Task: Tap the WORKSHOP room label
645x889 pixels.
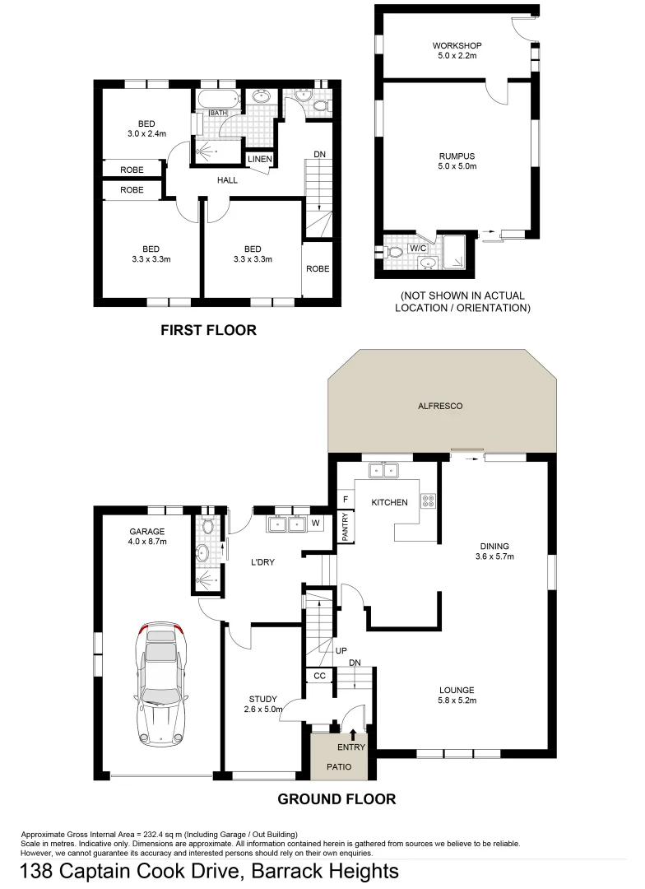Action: click(457, 50)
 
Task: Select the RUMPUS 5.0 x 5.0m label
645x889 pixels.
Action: click(457, 161)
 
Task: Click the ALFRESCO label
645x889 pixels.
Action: click(442, 406)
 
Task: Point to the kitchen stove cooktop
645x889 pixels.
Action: click(429, 499)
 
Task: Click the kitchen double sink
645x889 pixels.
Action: click(383, 471)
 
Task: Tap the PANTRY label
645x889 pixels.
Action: click(346, 527)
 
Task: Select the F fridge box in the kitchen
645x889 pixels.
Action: click(346, 499)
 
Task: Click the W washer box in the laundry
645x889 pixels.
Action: click(316, 524)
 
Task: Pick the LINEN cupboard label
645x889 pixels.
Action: click(260, 159)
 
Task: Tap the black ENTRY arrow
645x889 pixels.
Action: click(354, 734)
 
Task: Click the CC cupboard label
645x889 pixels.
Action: click(320, 676)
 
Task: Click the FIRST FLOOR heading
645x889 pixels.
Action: click(208, 330)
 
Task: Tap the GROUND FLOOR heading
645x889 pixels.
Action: click(336, 798)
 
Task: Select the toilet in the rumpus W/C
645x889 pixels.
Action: click(393, 250)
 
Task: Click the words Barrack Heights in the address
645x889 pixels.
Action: click(325, 871)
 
